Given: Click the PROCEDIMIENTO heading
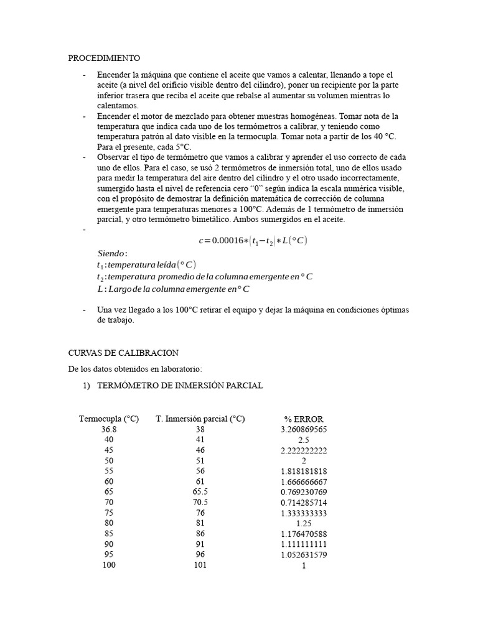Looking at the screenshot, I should tap(104, 58).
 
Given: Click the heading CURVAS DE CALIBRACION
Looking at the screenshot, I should tap(123, 352).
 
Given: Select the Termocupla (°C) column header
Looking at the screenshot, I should tap(109, 419).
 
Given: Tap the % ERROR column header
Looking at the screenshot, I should tap(304, 419).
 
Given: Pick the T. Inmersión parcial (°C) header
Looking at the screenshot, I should tap(200, 419).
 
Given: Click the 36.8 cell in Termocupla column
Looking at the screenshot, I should tap(109, 429).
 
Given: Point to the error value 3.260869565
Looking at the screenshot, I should tap(304, 429).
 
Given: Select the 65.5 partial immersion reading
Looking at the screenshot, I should tap(200, 491).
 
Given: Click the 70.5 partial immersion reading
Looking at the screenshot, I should tap(200, 502).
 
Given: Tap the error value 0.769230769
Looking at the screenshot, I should tap(304, 491).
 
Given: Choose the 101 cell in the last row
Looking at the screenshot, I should tap(200, 565).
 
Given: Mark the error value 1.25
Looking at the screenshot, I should tap(304, 523).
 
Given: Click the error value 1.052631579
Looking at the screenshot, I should tap(304, 555).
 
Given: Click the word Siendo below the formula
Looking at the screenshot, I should tap(113, 253).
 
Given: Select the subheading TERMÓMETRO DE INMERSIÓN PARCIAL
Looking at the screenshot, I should tap(179, 386).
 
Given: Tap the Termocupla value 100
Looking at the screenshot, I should tap(109, 565).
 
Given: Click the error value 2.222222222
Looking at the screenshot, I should tap(304, 450).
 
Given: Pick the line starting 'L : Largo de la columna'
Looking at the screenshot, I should tap(173, 289).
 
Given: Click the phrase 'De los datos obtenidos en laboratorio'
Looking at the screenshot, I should tap(135, 369).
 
